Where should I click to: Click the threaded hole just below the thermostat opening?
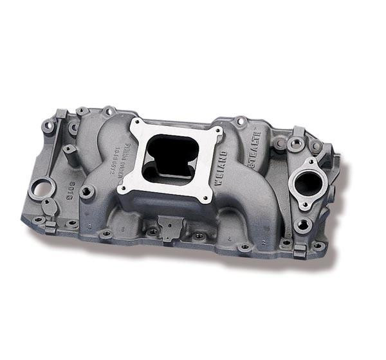tap(300, 224)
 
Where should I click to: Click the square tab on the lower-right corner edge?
tap(300, 252)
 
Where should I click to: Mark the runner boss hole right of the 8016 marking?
tap(86, 191)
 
